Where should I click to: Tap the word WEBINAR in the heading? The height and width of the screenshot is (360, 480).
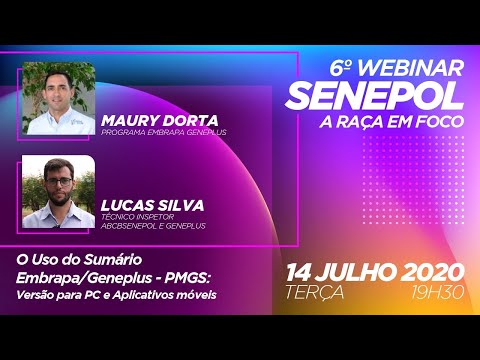click(x=408, y=68)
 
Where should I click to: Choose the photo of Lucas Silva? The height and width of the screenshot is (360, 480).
click(x=58, y=191)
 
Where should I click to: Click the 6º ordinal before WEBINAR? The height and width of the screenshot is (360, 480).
click(x=341, y=68)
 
